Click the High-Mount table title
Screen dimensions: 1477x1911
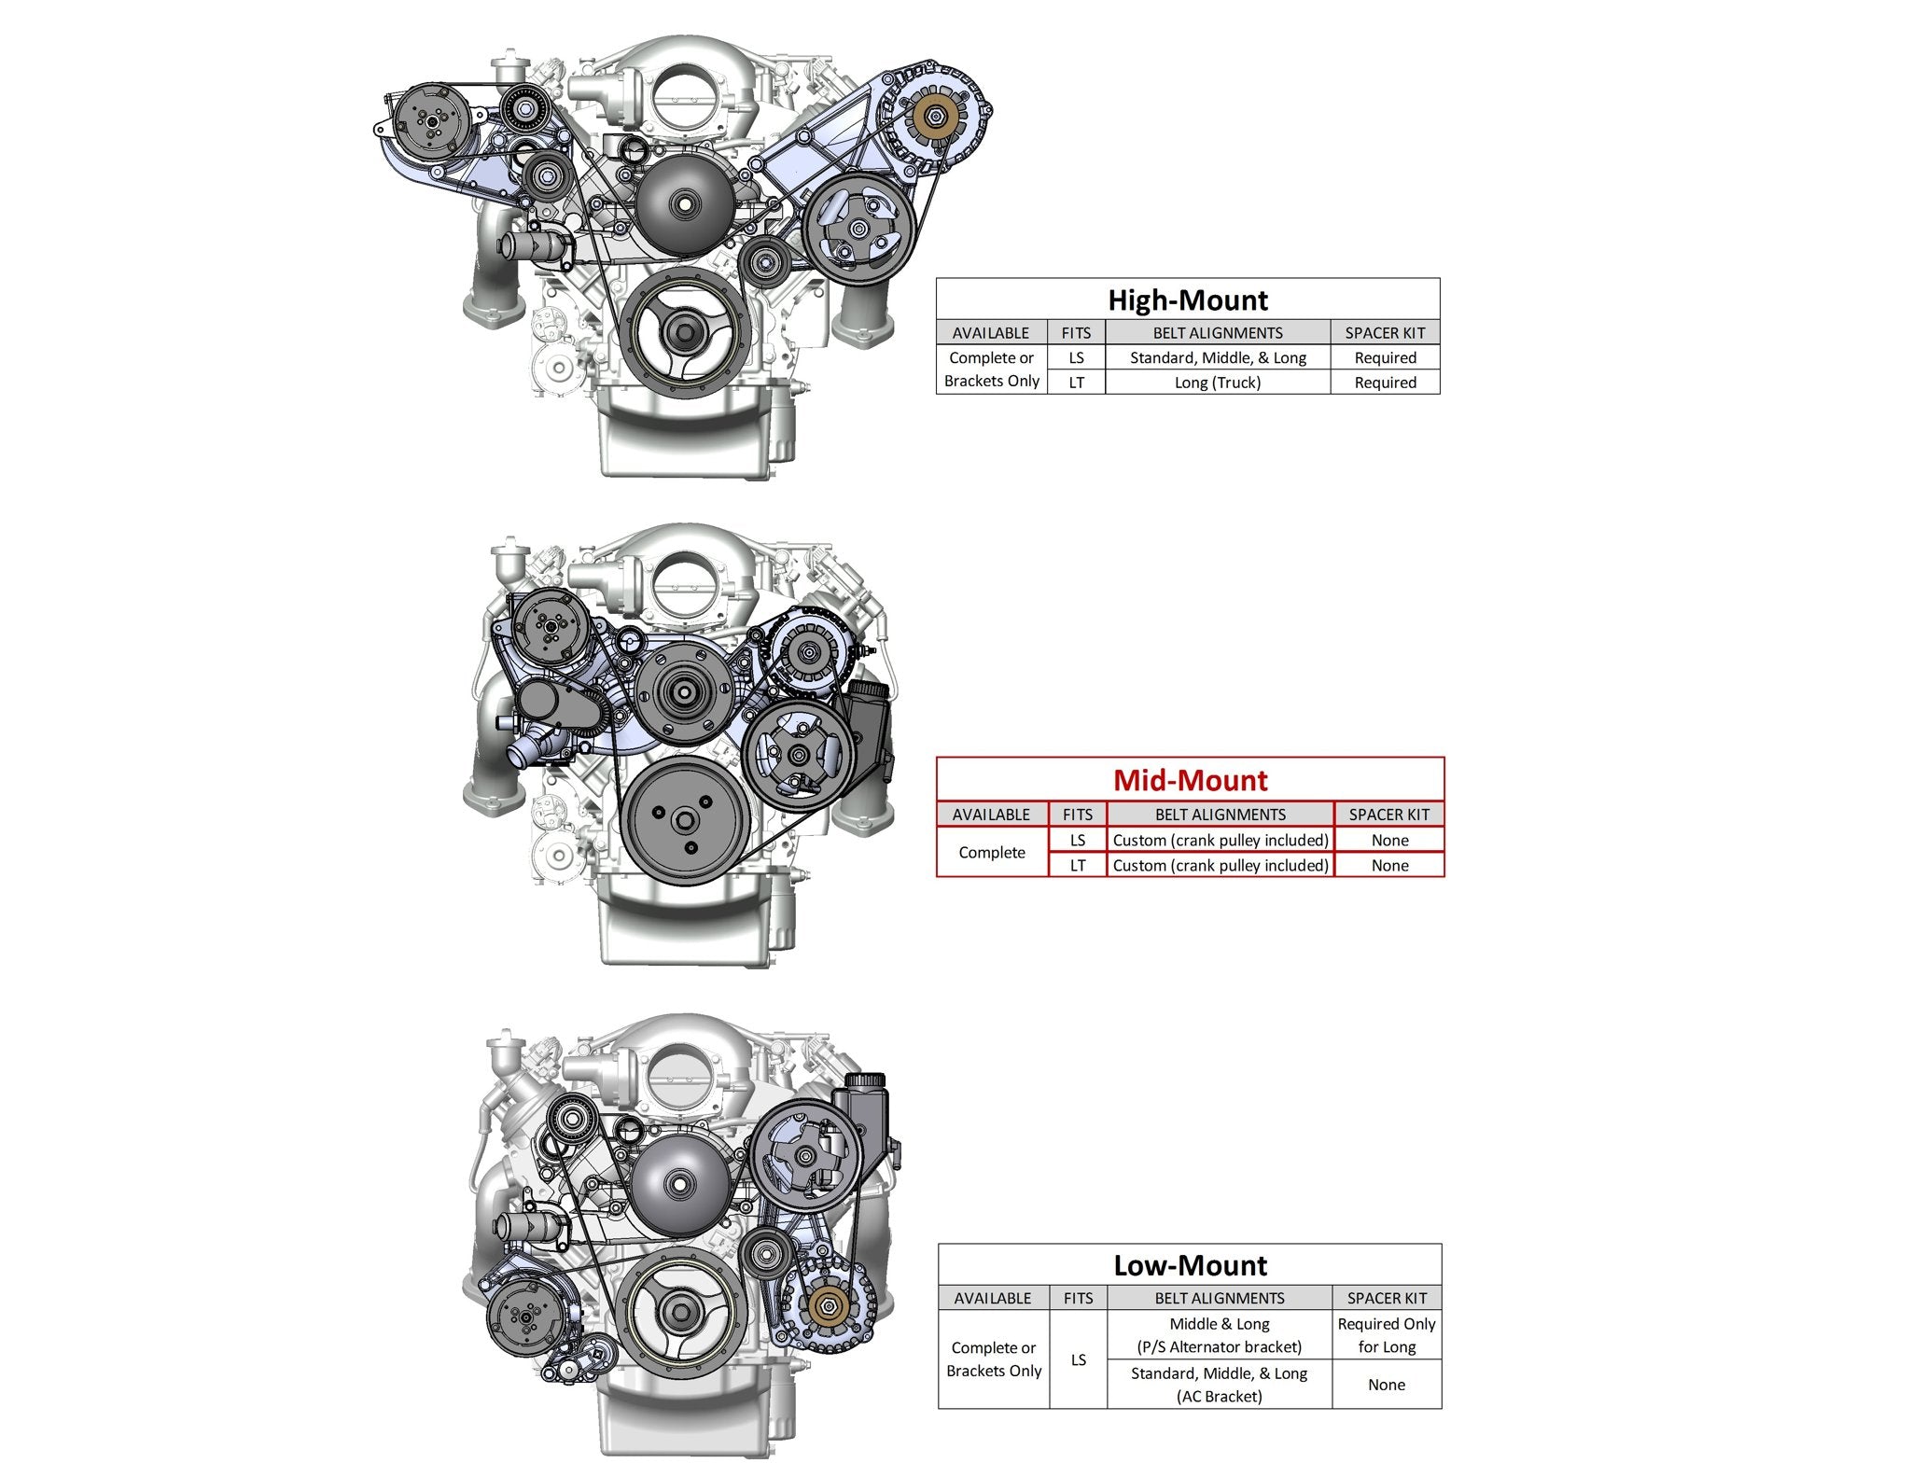pyautogui.click(x=1187, y=300)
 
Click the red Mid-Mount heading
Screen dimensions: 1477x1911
pyautogui.click(x=1190, y=780)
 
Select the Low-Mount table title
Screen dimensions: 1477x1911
pyautogui.click(x=1190, y=1265)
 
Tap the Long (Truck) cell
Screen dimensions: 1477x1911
pyautogui.click(x=1217, y=383)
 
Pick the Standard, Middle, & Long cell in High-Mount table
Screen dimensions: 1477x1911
pyautogui.click(x=1217, y=357)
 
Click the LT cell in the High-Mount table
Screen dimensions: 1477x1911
pyautogui.click(x=1076, y=383)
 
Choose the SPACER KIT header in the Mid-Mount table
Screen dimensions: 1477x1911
pyautogui.click(x=1388, y=815)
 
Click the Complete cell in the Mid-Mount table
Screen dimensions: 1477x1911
pyautogui.click(x=992, y=853)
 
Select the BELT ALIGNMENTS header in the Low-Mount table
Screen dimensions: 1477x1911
pyautogui.click(x=1219, y=1298)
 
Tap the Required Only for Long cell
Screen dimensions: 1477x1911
pyautogui.click(x=1386, y=1335)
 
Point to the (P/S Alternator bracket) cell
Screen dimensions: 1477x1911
pyautogui.click(x=1219, y=1347)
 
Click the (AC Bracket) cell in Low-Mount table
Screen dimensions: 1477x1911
pyautogui.click(x=1219, y=1397)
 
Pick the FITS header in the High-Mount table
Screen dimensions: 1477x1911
pyautogui.click(x=1076, y=333)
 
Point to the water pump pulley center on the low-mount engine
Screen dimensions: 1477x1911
pyautogui.click(x=677, y=1184)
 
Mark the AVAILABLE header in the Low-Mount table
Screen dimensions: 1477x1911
pyautogui.click(x=992, y=1298)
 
